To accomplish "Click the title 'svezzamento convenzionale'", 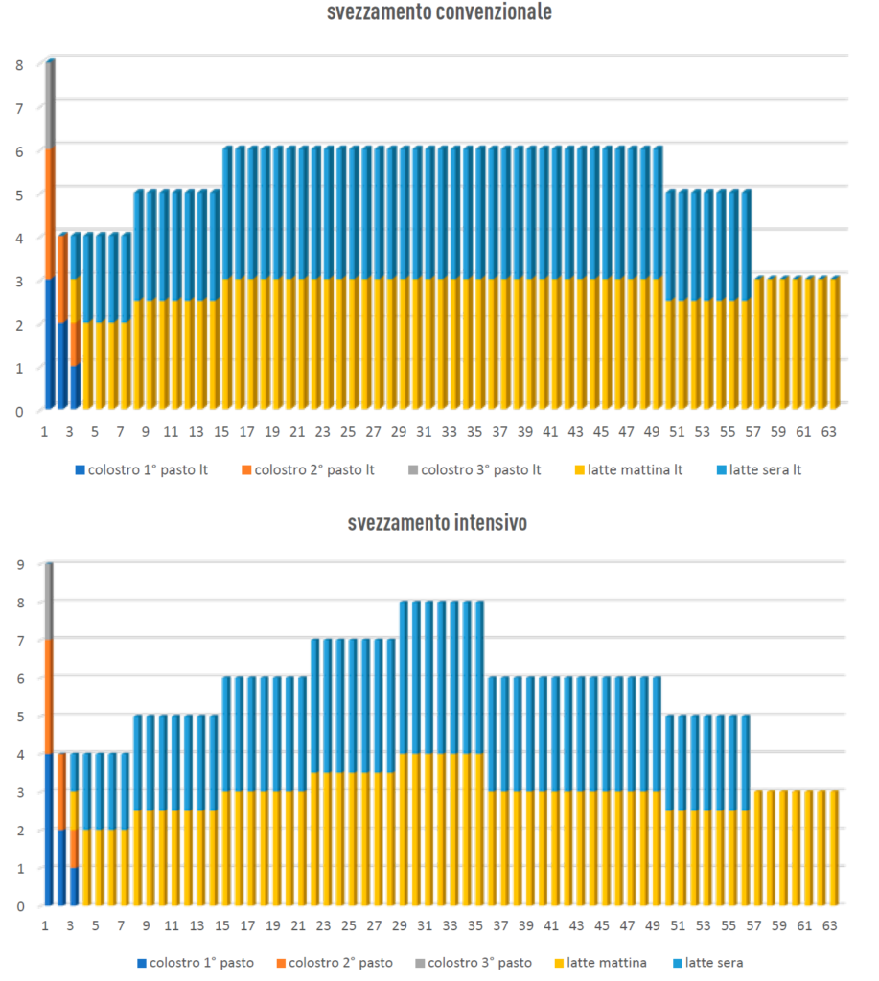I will pyautogui.click(x=438, y=12).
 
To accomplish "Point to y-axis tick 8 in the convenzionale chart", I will pyautogui.click(x=19, y=65).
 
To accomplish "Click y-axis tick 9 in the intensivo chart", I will pyautogui.click(x=19, y=565).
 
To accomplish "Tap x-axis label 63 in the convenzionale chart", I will pyautogui.click(x=828, y=432).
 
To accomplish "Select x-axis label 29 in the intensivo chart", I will pyautogui.click(x=399, y=926).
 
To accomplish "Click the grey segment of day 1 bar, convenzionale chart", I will pyautogui.click(x=50, y=103).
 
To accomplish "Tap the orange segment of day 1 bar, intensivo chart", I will pyautogui.click(x=49, y=696).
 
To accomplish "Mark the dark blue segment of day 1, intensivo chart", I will pyautogui.click(x=49, y=829).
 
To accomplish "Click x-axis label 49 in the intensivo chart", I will pyautogui.click(x=652, y=926).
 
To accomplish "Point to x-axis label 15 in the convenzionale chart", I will pyautogui.click(x=221, y=432).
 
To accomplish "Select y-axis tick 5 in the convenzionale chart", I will pyautogui.click(x=19, y=194).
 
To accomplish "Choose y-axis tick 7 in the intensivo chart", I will pyautogui.click(x=19, y=640).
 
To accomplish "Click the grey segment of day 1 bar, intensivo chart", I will pyautogui.click(x=49, y=602).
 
